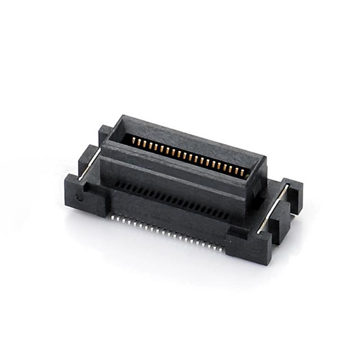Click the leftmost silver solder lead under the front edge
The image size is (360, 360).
[x=113, y=215]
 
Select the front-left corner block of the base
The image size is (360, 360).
[x=84, y=194]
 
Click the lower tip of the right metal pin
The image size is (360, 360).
[x=259, y=231]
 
